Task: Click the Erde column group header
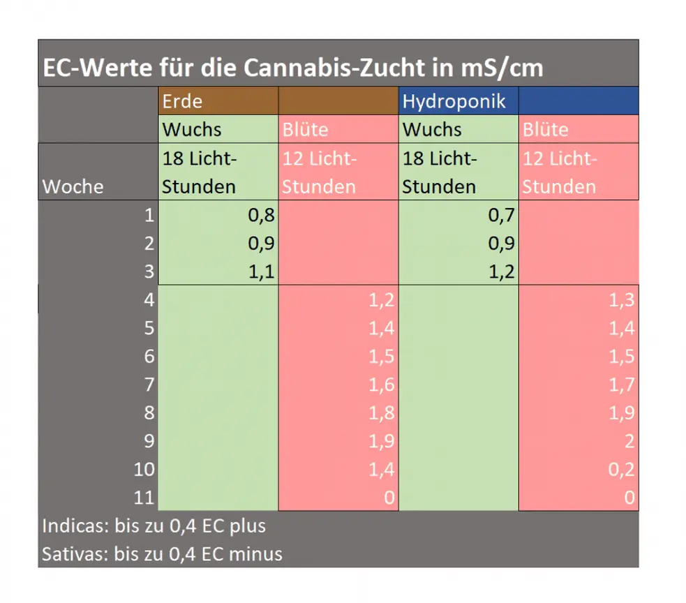pyautogui.click(x=182, y=101)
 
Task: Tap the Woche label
pyautogui.click(x=73, y=186)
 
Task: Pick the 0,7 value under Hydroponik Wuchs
pyautogui.click(x=502, y=215)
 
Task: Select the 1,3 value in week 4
pyautogui.click(x=621, y=300)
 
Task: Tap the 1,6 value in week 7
pyautogui.click(x=382, y=385)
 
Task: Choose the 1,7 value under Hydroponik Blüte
pyautogui.click(x=621, y=385)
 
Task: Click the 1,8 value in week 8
pyautogui.click(x=382, y=412)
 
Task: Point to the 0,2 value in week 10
pyautogui.click(x=621, y=469)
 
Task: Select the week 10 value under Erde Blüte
pyautogui.click(x=382, y=469)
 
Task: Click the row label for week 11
pyautogui.click(x=144, y=497)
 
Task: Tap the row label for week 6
pyautogui.click(x=149, y=356)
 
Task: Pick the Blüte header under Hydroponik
pyautogui.click(x=545, y=130)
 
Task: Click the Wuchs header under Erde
pyautogui.click(x=192, y=130)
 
